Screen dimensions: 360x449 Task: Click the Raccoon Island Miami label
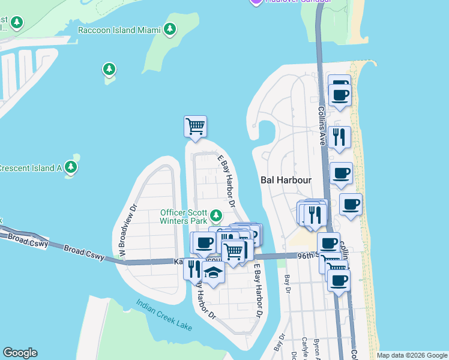[x=119, y=30]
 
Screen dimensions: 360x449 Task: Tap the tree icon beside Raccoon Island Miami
[x=170, y=29]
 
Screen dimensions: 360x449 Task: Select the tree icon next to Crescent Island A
[x=71, y=166]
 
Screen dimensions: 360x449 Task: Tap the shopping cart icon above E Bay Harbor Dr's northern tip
[x=195, y=127]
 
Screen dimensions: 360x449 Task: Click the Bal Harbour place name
[x=286, y=180]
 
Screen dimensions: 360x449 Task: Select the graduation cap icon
[x=212, y=272]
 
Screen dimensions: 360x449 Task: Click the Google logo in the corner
[x=20, y=353]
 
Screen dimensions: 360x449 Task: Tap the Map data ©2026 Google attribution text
[x=411, y=355]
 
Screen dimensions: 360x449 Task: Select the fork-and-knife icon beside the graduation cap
[x=193, y=268]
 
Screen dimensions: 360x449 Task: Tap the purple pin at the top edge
[x=256, y=2]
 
